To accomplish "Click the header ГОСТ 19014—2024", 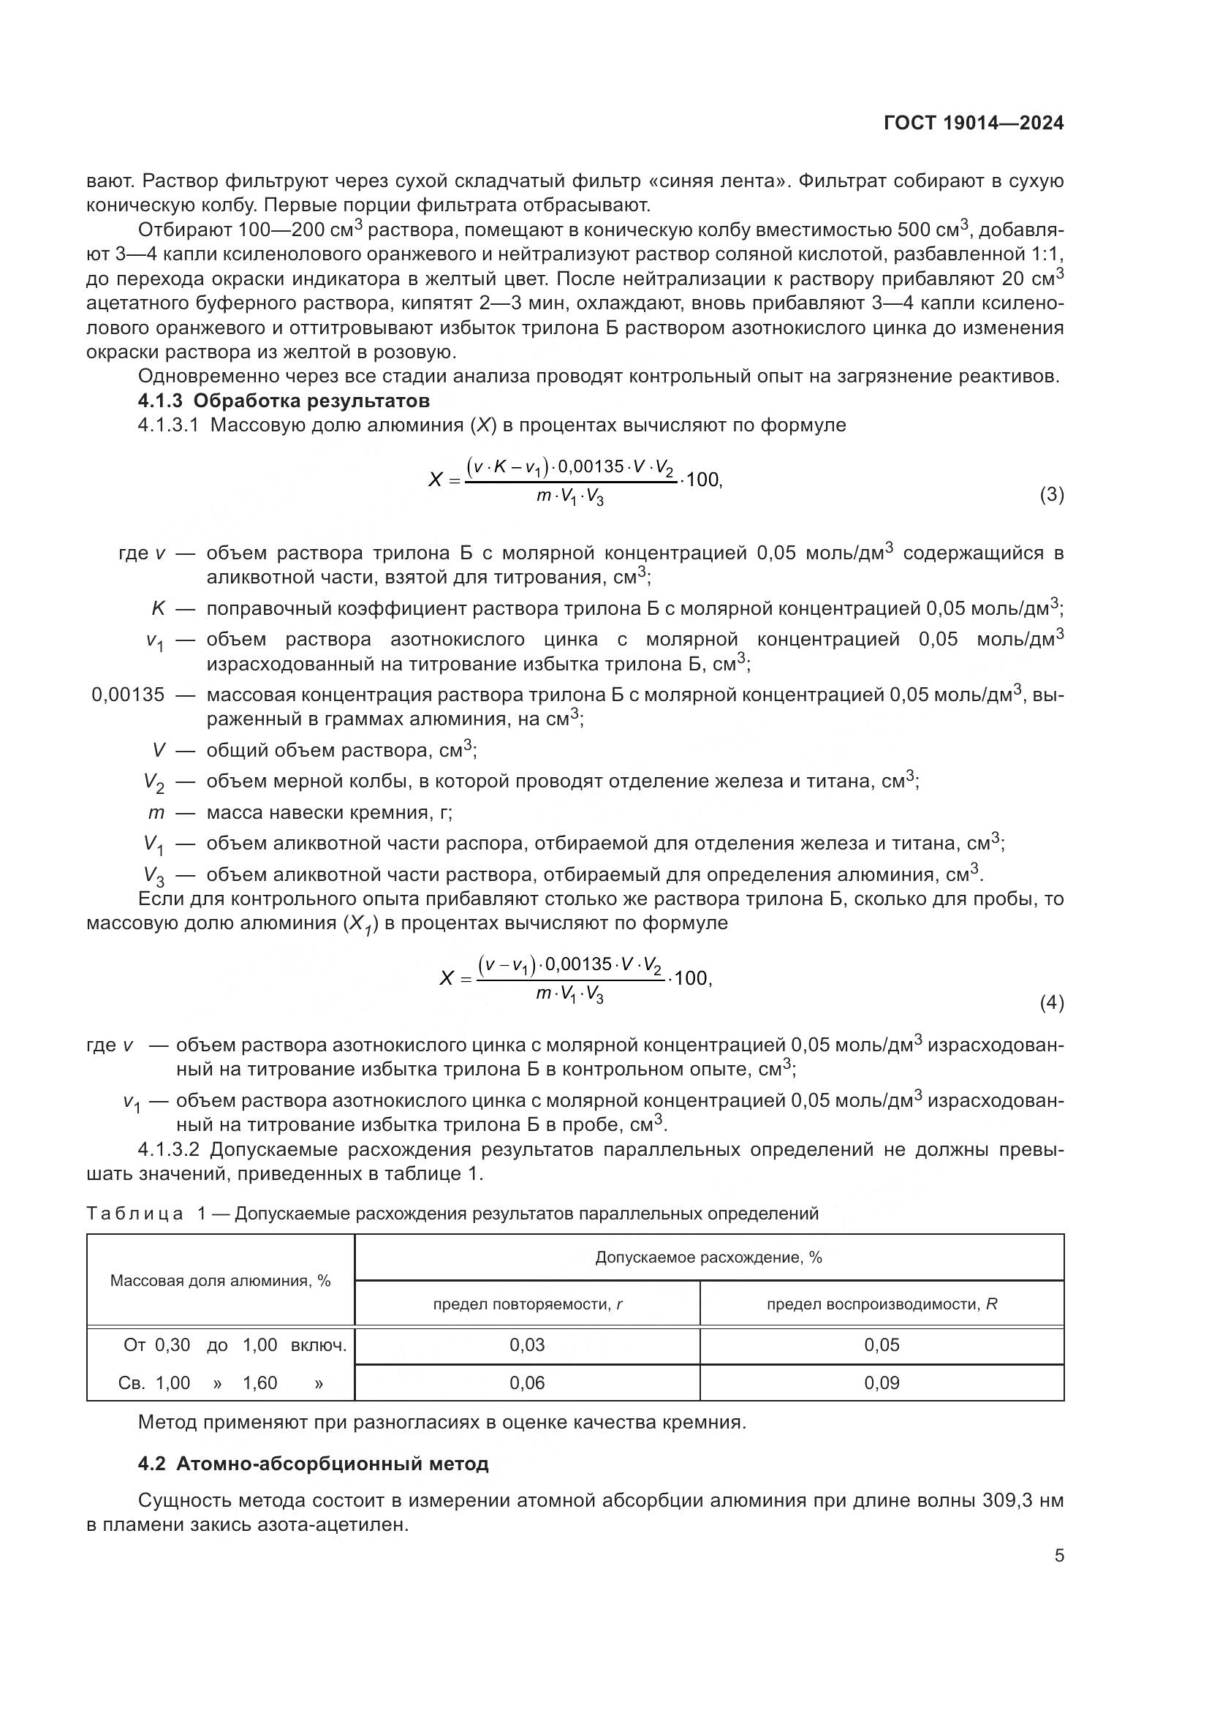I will (973, 124).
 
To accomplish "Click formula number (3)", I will (1051, 494).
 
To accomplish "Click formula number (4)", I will (1051, 1003).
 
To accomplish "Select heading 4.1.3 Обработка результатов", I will (284, 401).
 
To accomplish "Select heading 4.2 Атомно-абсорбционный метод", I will (313, 1464).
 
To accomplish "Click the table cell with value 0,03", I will (527, 1345).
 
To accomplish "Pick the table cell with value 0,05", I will (882, 1345).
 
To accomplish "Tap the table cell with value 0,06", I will (527, 1383).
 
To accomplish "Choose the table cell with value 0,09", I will (882, 1383).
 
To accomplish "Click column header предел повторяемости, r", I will (527, 1304).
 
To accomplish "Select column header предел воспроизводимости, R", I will (882, 1304).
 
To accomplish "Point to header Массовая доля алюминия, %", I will (220, 1281).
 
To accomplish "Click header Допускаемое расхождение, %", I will (708, 1258).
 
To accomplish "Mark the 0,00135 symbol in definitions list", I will (128, 695).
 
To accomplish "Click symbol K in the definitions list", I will (158, 608).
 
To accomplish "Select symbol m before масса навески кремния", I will (156, 812).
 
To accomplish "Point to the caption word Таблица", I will (134, 1214).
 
